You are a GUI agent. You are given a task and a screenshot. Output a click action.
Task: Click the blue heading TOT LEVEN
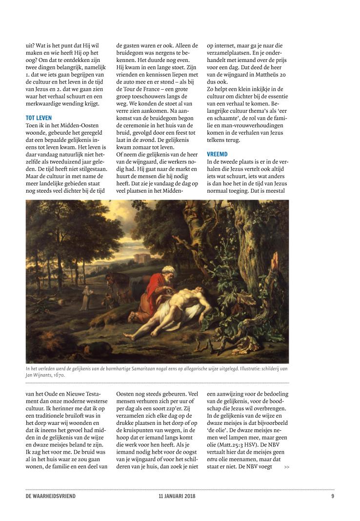[39, 118]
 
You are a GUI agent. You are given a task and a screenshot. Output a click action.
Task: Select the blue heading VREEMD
[218, 154]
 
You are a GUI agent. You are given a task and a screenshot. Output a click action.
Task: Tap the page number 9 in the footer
[332, 497]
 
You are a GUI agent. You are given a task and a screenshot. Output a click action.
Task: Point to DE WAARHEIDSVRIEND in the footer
[51, 497]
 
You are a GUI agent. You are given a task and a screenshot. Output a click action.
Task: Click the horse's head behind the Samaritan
[113, 281]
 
